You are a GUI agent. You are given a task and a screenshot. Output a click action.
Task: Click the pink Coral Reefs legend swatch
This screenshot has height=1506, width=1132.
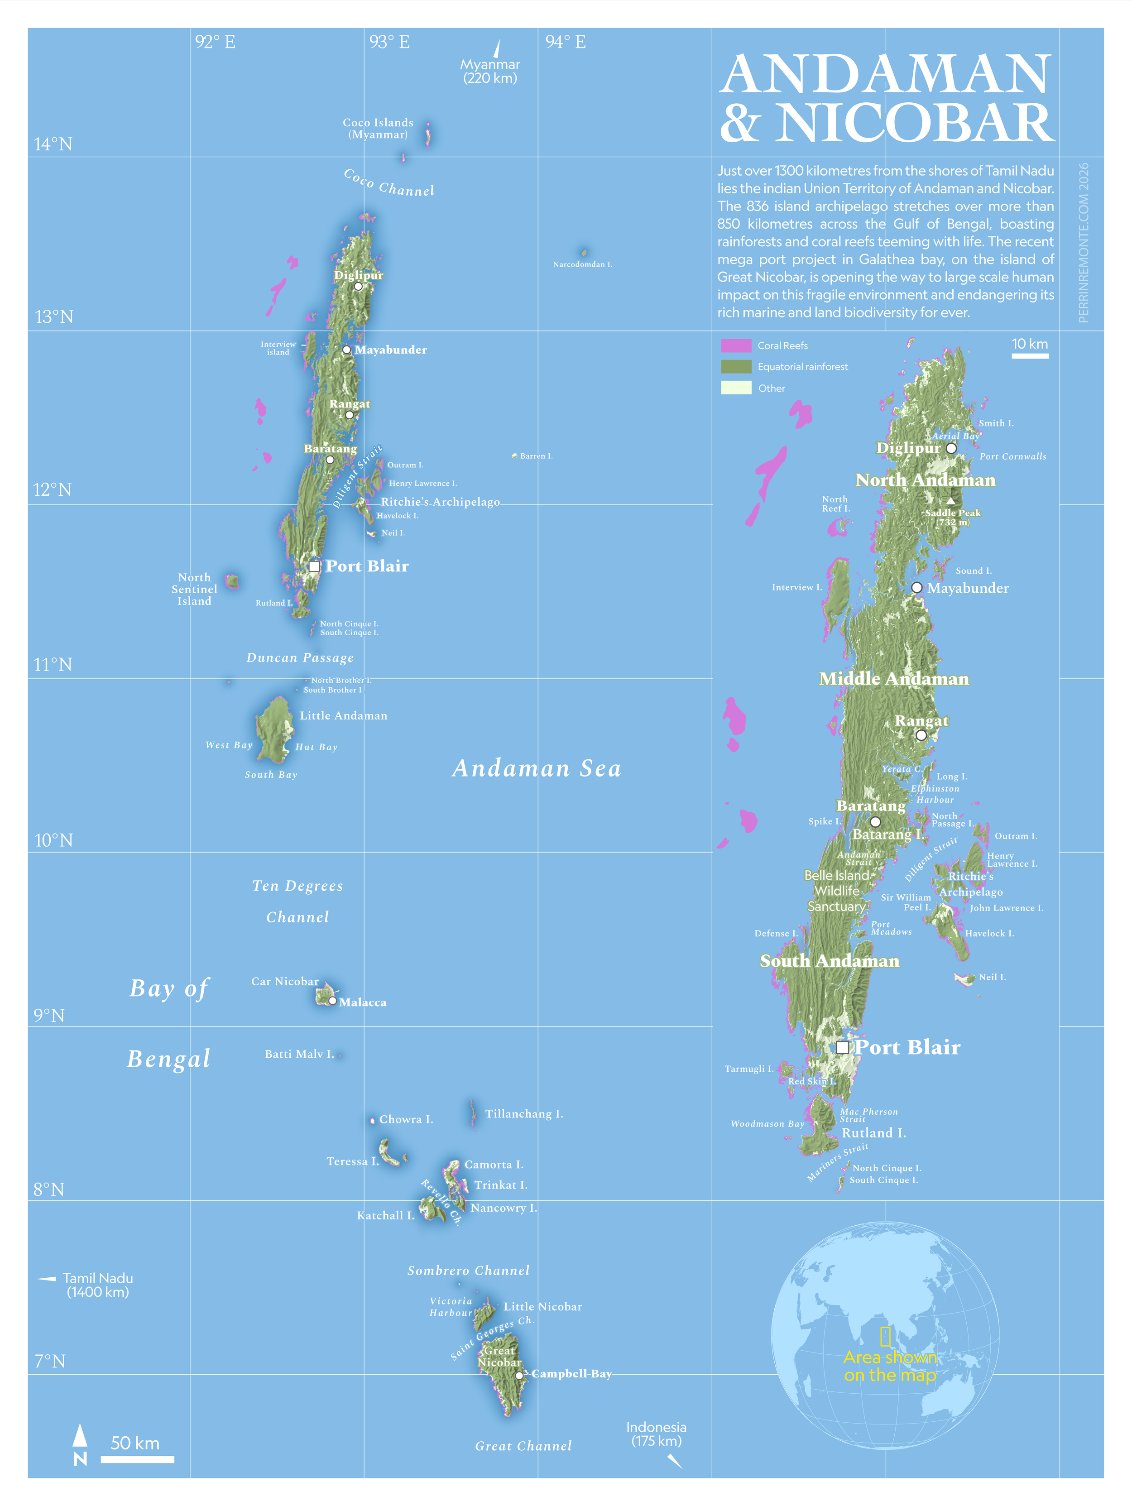click(736, 345)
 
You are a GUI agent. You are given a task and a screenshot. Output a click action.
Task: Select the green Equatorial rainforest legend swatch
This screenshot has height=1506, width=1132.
click(736, 366)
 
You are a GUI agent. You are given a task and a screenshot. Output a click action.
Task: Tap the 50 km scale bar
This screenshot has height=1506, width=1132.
click(138, 1459)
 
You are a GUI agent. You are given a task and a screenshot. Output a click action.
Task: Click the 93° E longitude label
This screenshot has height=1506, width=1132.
click(389, 42)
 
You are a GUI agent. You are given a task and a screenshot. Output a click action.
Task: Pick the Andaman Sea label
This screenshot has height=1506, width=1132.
click(537, 768)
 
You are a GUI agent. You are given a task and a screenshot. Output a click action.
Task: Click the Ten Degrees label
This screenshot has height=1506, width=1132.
click(297, 886)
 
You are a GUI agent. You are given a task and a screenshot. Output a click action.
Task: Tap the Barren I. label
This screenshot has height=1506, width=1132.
click(536, 456)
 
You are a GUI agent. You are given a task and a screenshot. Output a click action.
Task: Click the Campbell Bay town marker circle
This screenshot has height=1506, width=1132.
click(519, 1375)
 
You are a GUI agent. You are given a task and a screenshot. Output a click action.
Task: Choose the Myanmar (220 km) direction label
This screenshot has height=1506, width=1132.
click(490, 71)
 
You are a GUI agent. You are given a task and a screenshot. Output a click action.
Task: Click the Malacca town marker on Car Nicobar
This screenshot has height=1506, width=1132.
click(332, 1001)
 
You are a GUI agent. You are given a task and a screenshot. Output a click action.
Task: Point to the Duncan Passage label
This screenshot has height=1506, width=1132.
click(300, 657)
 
